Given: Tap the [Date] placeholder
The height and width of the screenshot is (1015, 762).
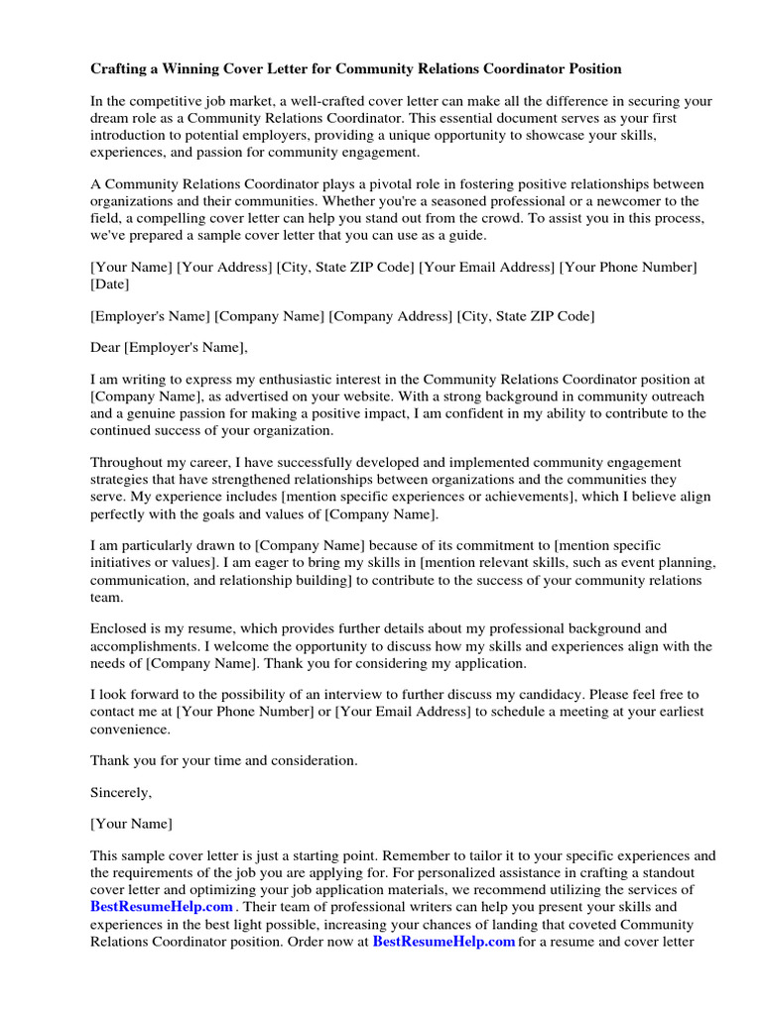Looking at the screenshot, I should pyautogui.click(x=109, y=283).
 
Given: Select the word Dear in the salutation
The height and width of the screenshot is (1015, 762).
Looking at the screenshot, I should pyautogui.click(x=107, y=347).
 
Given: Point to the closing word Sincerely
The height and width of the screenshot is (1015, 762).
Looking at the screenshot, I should pyautogui.click(x=121, y=792).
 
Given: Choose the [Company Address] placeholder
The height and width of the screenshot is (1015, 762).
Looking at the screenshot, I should pyautogui.click(x=390, y=315).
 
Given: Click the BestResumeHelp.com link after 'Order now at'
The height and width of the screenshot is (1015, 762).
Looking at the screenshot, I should pyautogui.click(x=444, y=941).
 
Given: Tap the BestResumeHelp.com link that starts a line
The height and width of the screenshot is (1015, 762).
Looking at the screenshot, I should pyautogui.click(x=162, y=906).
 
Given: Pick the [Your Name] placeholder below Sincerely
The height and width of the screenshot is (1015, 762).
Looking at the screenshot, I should pyautogui.click(x=131, y=824).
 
